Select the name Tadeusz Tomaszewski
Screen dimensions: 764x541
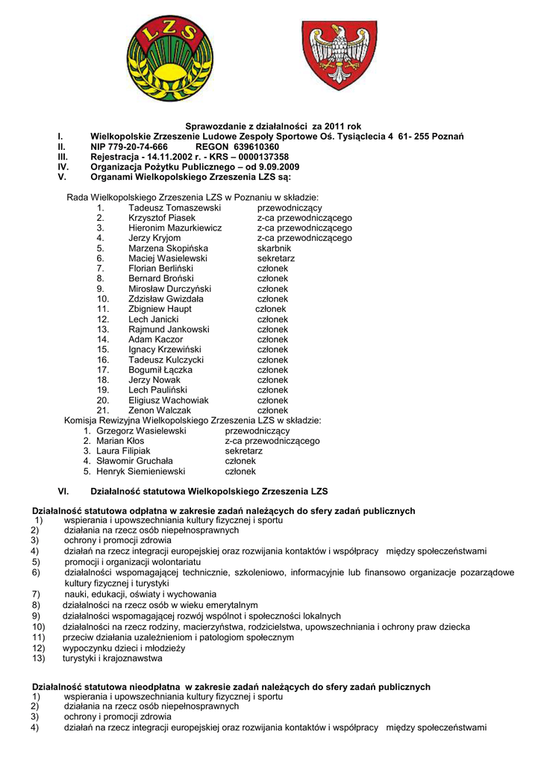point(175,207)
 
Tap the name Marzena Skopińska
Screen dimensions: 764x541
point(168,248)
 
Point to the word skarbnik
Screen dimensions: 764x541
point(274,248)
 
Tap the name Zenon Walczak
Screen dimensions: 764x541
point(160,410)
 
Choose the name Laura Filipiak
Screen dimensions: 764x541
point(123,451)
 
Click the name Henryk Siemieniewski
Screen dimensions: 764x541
point(143,472)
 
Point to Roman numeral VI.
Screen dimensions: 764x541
point(63,492)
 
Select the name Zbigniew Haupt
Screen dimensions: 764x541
point(160,309)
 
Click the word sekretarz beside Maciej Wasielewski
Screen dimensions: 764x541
point(276,258)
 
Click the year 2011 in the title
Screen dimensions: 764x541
point(333,127)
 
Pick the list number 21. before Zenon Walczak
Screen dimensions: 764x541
point(103,410)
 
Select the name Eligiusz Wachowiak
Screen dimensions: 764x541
point(169,400)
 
